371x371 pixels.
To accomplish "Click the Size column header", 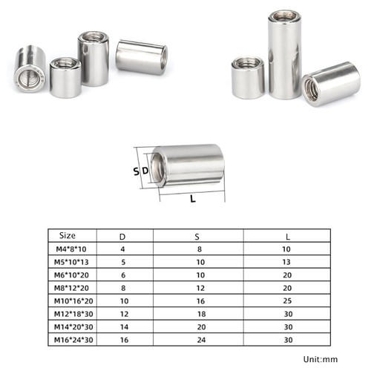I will (68, 237).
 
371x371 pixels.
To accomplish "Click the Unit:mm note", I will (321, 360).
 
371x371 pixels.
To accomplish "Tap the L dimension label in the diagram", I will (193, 200).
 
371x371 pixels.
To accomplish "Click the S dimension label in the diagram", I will (136, 171).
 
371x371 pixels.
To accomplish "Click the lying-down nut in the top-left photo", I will (142, 59).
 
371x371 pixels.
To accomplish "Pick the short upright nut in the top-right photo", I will (247, 77).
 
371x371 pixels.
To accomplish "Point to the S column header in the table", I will (197, 237).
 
